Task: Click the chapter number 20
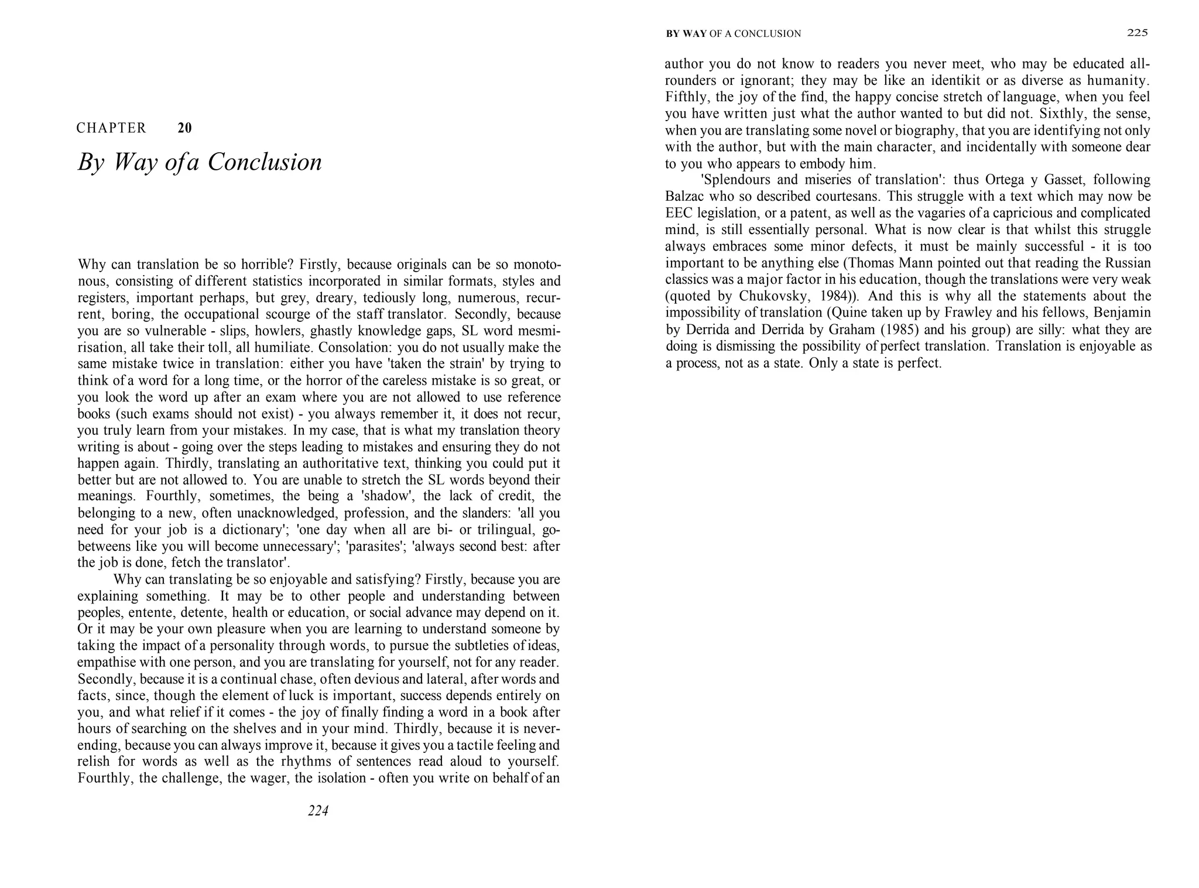click(184, 128)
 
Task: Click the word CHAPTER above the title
click(111, 128)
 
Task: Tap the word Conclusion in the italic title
click(265, 162)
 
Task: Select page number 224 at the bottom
click(318, 811)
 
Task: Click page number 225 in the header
click(1137, 33)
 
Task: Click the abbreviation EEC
click(679, 213)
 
